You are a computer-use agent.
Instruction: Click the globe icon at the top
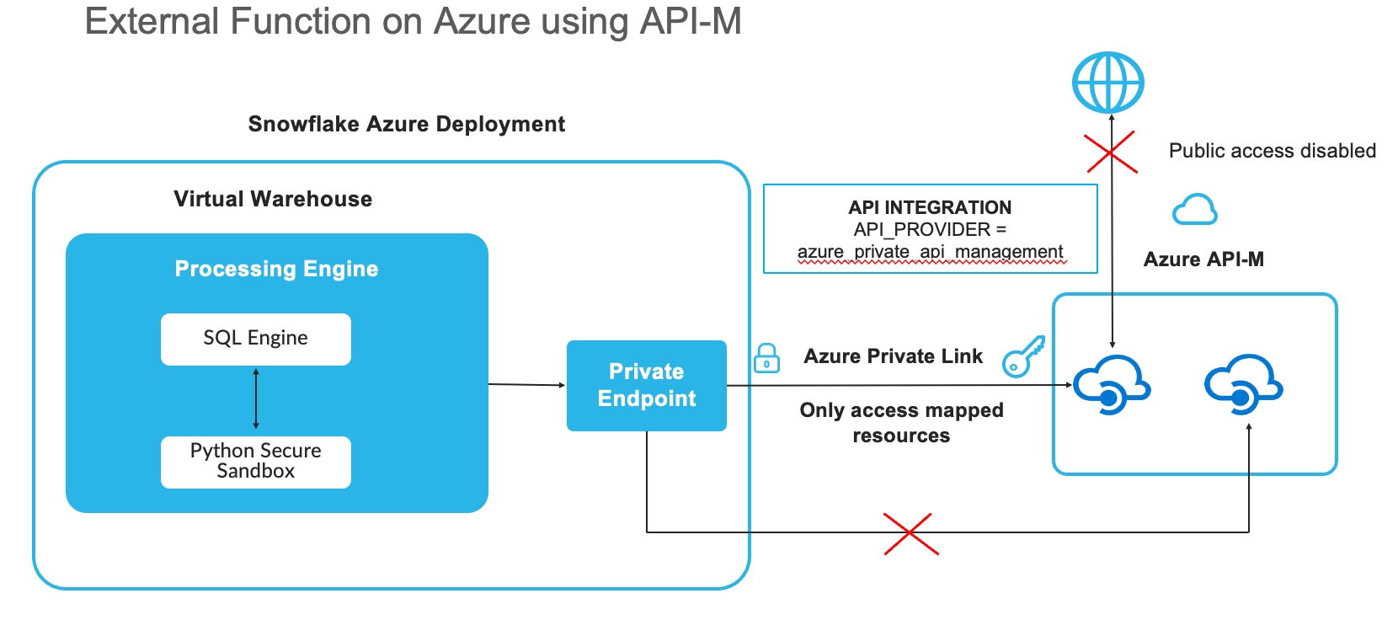point(1107,83)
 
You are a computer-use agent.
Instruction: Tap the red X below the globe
point(1111,152)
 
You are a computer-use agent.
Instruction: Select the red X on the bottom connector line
point(910,533)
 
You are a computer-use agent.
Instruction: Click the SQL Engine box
point(256,339)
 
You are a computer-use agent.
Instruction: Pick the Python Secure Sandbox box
point(256,462)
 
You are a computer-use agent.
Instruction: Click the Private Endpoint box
point(647,385)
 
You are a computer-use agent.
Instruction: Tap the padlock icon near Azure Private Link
point(766,359)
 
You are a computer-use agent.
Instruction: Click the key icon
point(1023,356)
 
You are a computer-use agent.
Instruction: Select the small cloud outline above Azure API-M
point(1194,210)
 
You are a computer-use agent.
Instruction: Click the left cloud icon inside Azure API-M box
point(1112,385)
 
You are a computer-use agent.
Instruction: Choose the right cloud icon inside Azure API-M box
point(1243,385)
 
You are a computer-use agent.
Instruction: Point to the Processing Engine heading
point(276,269)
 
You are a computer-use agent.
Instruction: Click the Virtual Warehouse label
point(273,199)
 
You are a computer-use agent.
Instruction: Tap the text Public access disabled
point(1272,151)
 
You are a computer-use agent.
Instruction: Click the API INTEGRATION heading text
point(930,207)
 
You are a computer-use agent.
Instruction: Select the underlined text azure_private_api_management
point(930,252)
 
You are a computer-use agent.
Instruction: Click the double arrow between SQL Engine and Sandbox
point(256,399)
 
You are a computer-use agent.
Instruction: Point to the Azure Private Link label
point(893,356)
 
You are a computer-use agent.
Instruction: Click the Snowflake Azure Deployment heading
point(406,124)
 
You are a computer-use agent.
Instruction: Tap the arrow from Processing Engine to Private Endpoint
point(527,384)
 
